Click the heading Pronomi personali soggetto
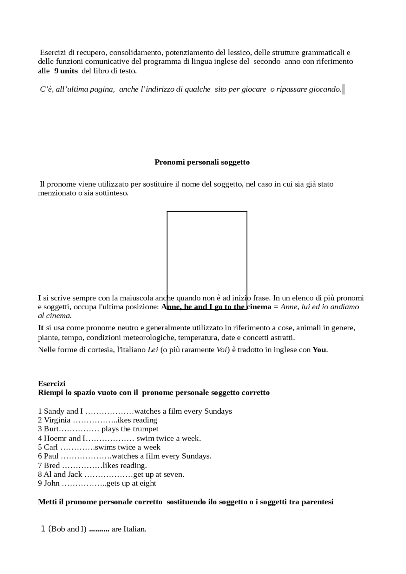pos(202,162)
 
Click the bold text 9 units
pos(66,71)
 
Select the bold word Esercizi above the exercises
pos(51,384)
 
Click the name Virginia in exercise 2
pos(57,420)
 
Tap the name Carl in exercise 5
pos(51,447)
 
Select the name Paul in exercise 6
pos(51,456)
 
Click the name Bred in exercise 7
pos(52,465)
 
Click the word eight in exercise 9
pos(148,483)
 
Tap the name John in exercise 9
pos(52,483)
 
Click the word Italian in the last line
pos(134,529)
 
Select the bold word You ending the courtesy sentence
pos(319,350)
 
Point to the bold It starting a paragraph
pos(41,328)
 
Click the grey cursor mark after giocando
pos(343,89)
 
